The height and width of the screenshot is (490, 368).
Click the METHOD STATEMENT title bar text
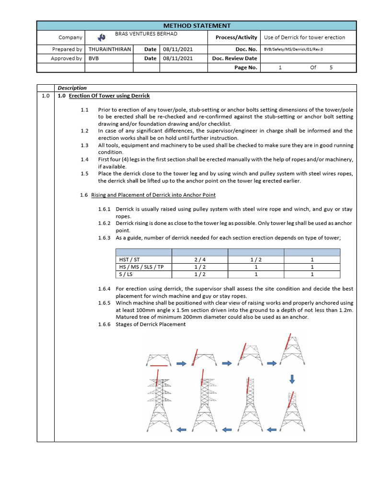click(196, 26)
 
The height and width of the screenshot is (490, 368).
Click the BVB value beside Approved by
click(93, 58)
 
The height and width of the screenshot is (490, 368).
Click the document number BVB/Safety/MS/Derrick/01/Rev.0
click(293, 49)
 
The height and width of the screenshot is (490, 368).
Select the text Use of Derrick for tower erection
click(304, 37)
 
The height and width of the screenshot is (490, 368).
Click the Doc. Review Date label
click(234, 58)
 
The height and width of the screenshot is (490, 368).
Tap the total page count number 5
click(330, 67)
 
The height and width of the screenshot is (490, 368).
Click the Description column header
click(72, 88)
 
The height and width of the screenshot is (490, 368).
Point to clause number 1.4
click(85, 159)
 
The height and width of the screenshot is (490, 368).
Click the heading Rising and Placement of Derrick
click(153, 195)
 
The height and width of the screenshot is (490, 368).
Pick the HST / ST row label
click(129, 260)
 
